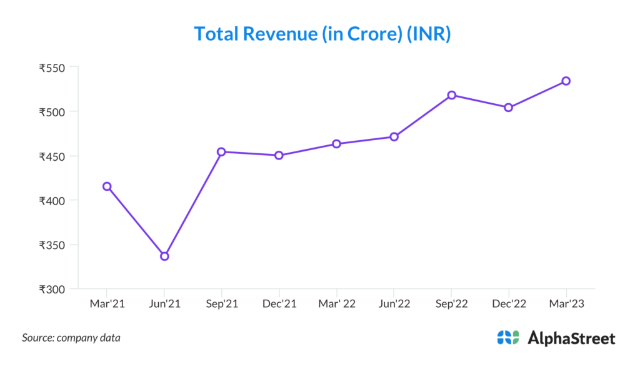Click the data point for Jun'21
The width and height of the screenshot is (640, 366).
coord(164,256)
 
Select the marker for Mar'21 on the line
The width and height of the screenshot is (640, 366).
coord(107,186)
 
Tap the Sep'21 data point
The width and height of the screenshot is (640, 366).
coord(222,151)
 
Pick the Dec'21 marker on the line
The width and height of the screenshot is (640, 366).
coord(279,155)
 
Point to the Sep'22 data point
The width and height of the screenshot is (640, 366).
coord(451,95)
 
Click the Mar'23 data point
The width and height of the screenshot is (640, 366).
coord(566,81)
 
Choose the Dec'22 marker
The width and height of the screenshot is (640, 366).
coord(508,108)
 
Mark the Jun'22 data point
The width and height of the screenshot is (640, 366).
coord(394,136)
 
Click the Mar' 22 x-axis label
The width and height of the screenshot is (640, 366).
coord(336,303)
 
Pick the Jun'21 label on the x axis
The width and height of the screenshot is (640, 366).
coord(164,303)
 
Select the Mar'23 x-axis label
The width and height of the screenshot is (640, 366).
coord(566,303)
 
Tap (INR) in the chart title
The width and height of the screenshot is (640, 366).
coord(429,34)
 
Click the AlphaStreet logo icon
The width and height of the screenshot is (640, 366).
coord(508,338)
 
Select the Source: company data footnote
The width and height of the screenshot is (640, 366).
coord(71,338)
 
